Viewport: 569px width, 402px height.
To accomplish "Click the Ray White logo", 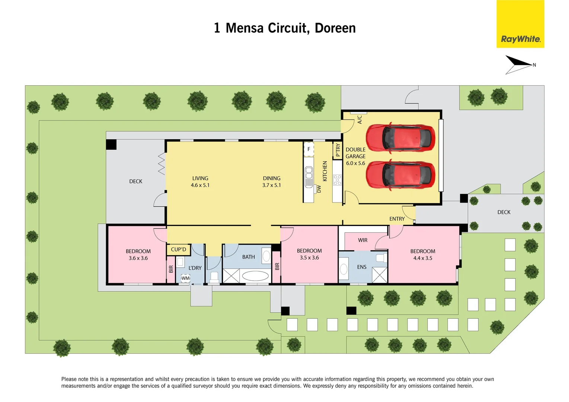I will coord(520,24).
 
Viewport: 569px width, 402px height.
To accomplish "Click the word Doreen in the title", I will coord(335,28).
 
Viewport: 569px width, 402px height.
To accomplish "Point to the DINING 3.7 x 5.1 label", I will coord(272,182).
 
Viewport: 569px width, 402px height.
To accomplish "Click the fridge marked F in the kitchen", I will coord(309,149).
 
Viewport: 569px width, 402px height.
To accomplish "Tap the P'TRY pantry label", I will coord(338,150).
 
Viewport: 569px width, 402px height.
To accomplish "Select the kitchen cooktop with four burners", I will coord(337,180).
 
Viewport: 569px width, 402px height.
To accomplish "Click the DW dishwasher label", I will coord(319,189).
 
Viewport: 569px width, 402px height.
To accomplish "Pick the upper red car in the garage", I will coord(400,138).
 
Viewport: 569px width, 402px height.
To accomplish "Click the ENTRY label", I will coord(397,219).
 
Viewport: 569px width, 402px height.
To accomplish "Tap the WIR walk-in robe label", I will coord(362,240).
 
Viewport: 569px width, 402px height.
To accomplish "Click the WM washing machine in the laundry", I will coord(185,278).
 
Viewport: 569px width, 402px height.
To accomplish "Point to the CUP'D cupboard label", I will coord(178,249).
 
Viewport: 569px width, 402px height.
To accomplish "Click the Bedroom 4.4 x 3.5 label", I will coord(423,255).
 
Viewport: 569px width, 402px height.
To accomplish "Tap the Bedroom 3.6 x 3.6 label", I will coord(138,255).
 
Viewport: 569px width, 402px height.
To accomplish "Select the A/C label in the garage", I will coord(359,119).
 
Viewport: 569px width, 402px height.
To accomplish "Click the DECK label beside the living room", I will coord(136,181).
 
